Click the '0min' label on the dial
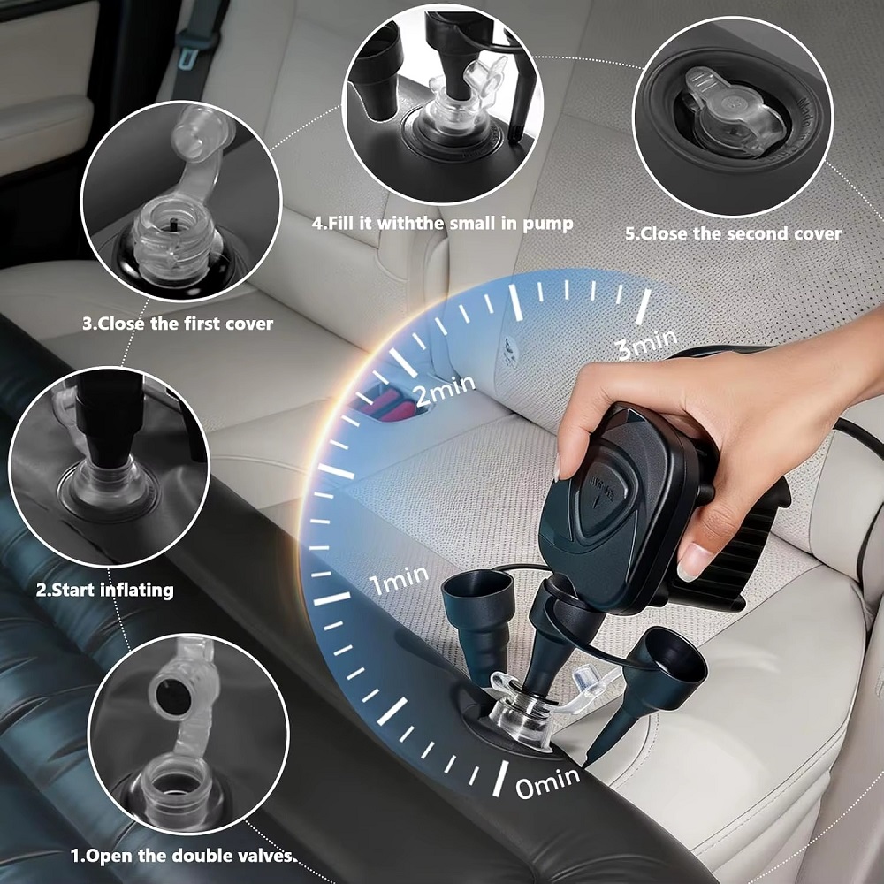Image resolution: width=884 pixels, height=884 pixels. (x=547, y=782)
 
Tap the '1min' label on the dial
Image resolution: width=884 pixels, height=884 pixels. (x=400, y=579)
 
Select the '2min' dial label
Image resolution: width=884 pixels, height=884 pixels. (x=446, y=390)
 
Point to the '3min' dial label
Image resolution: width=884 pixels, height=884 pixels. (x=646, y=343)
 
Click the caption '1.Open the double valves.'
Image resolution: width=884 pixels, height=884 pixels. (x=183, y=856)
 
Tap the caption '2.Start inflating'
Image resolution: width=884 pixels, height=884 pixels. (x=105, y=591)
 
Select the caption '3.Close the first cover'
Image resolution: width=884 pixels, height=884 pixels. (x=178, y=324)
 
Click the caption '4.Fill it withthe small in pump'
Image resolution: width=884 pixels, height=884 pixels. (x=443, y=224)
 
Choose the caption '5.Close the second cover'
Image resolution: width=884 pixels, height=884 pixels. (x=733, y=233)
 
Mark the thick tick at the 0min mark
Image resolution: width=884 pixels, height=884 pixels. (x=500, y=778)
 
